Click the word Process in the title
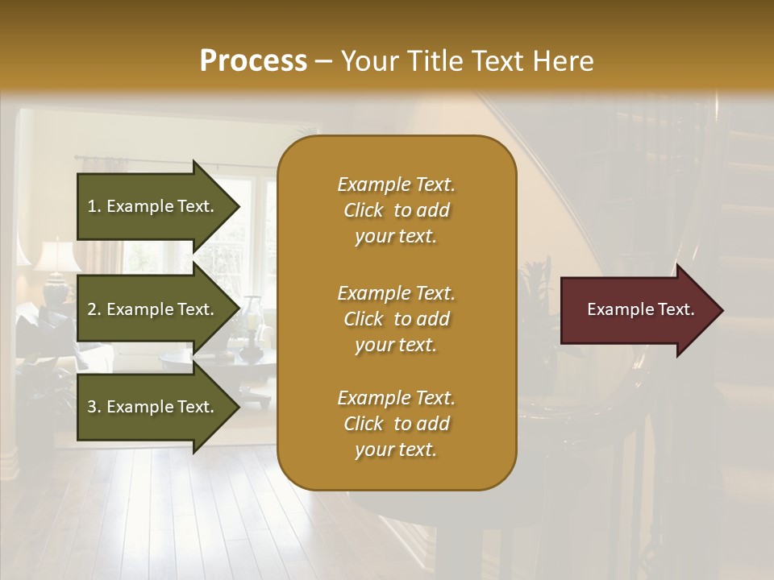point(253,61)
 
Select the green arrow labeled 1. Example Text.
point(153,206)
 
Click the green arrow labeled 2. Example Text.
point(153,309)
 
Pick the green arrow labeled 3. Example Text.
point(153,407)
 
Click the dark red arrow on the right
point(637,309)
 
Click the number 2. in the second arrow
point(94,309)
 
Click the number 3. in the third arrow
point(94,407)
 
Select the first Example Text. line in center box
point(396,184)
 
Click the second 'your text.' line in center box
point(396,345)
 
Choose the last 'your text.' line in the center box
point(396,449)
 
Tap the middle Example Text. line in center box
point(396,292)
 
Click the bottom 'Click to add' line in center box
point(396,424)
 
